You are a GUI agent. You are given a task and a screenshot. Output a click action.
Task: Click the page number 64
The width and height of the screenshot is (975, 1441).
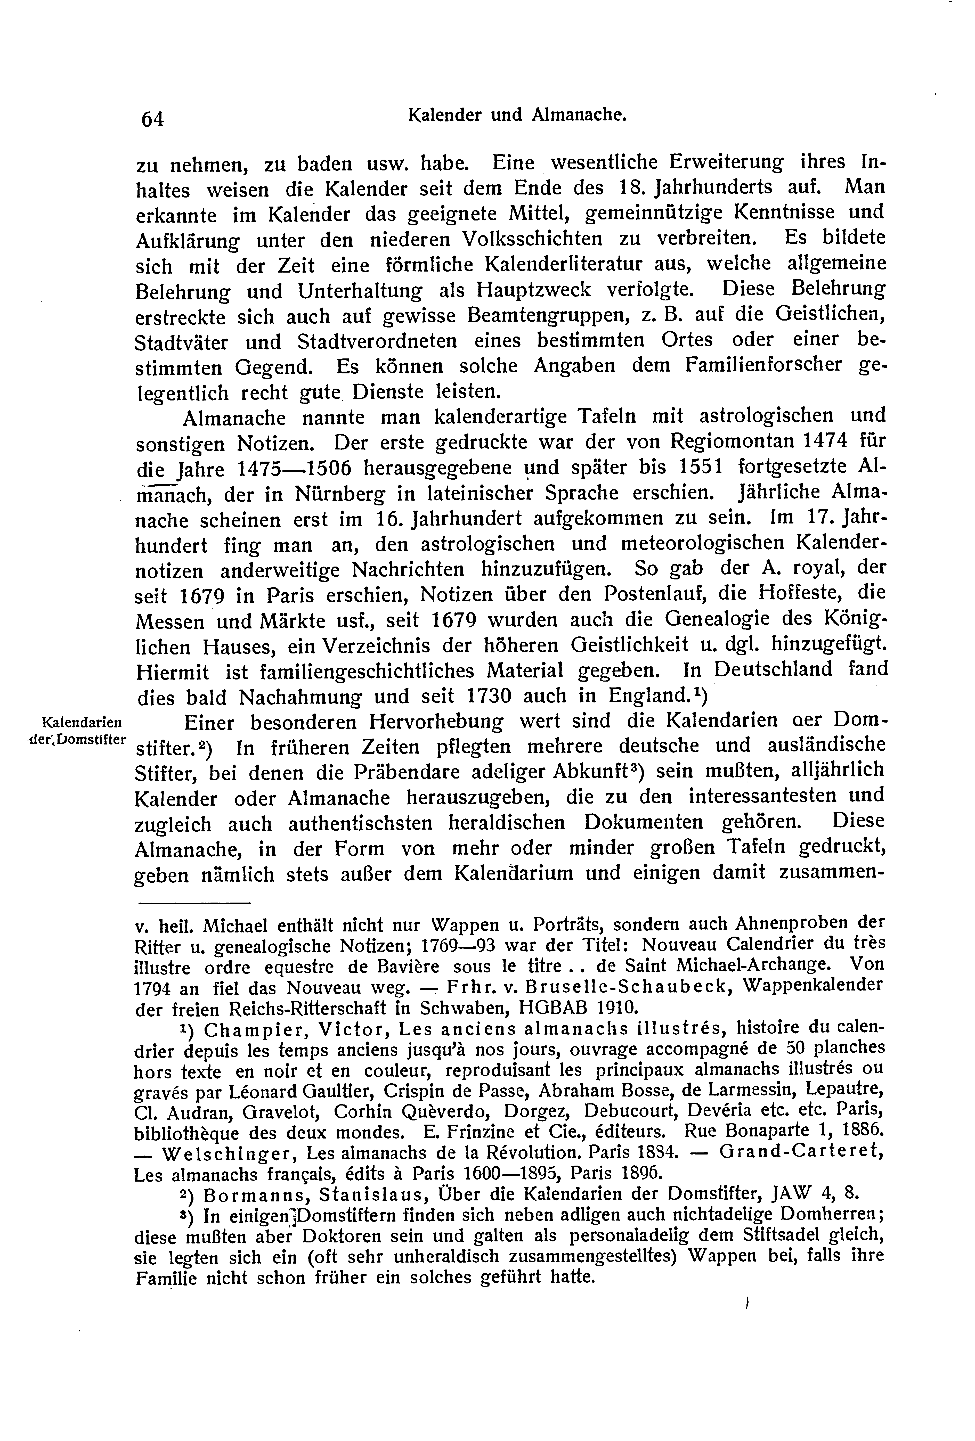tap(153, 118)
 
